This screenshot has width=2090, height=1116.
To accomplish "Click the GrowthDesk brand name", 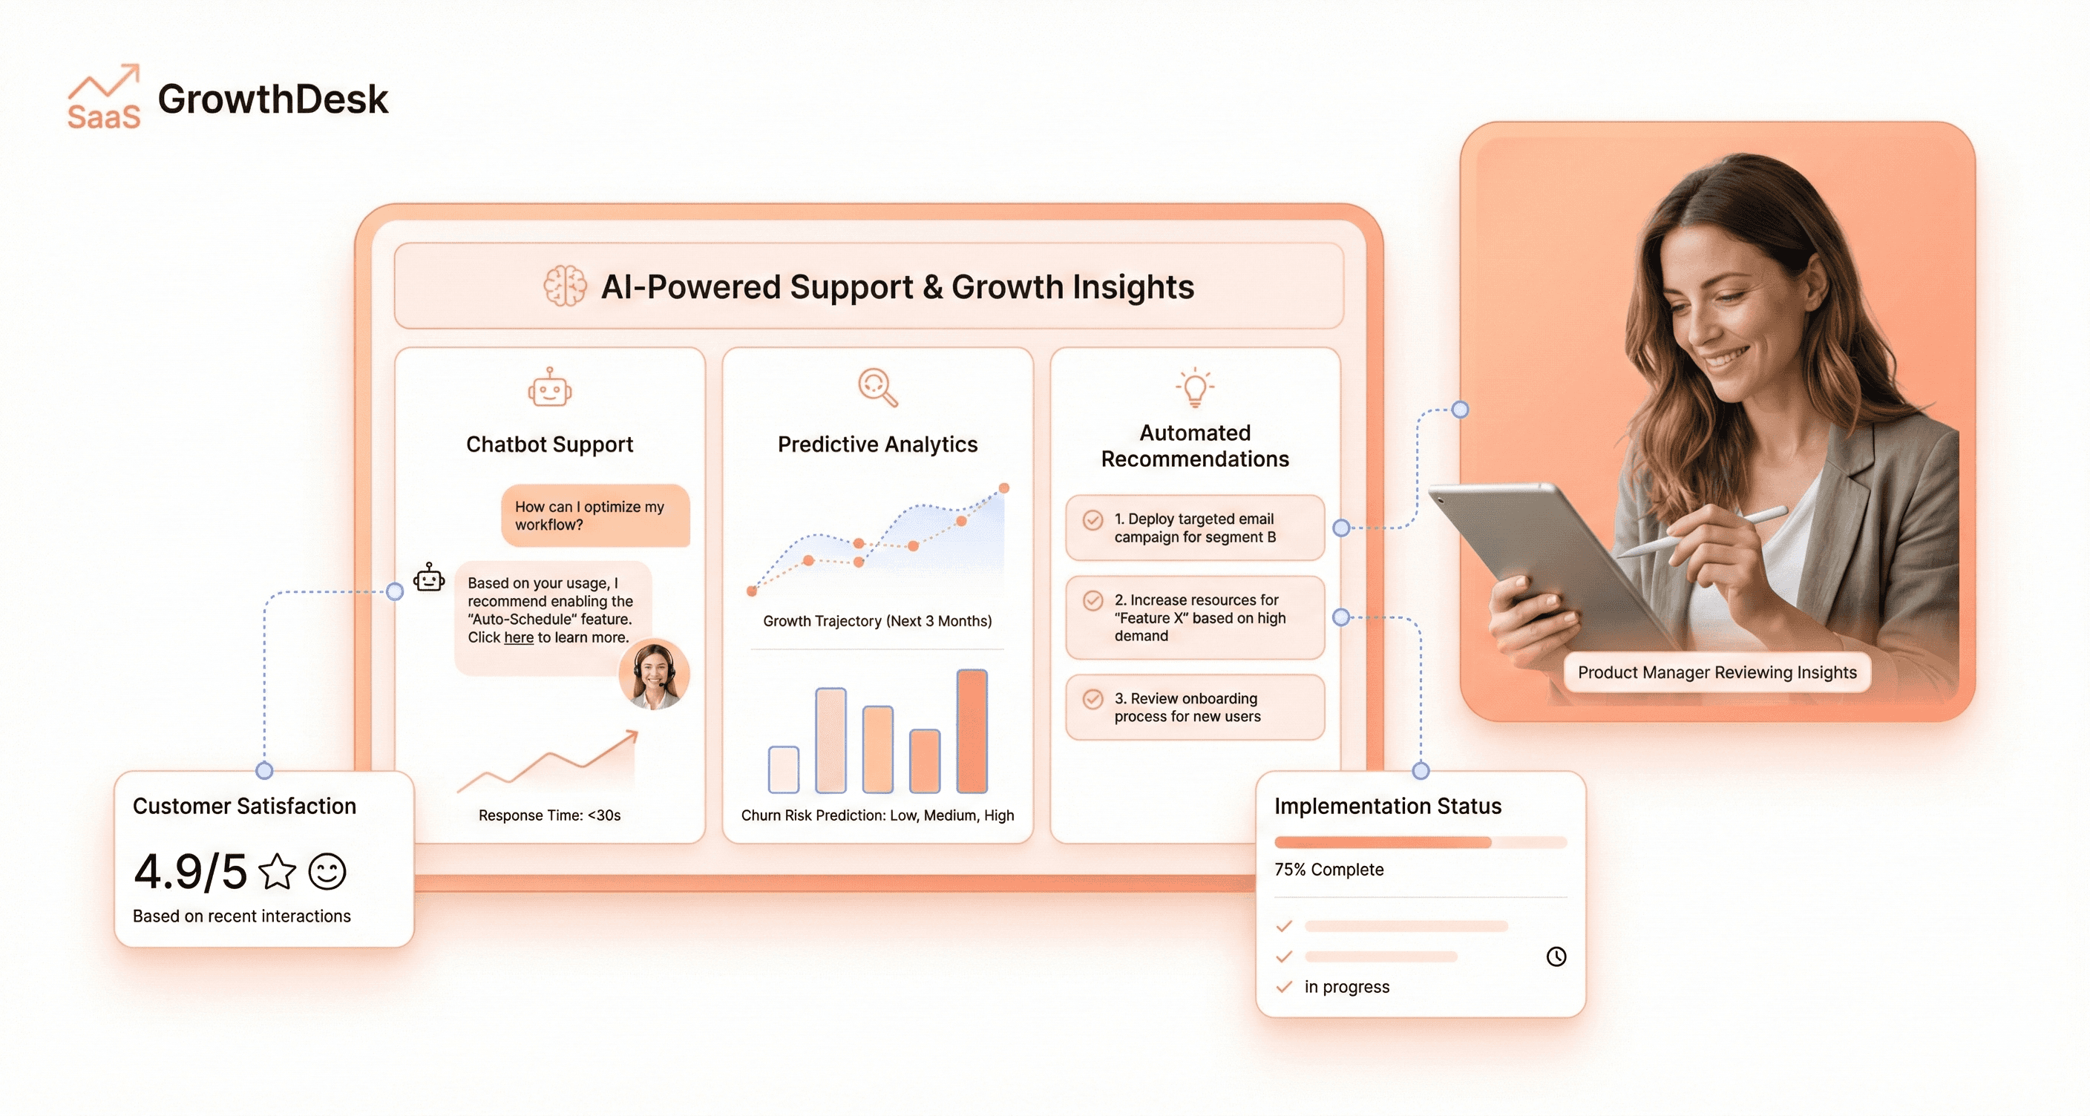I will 272,99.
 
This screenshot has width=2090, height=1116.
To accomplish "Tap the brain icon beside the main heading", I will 565,286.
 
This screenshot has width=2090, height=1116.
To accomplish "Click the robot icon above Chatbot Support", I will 549,387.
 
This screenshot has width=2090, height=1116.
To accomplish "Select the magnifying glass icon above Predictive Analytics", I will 877,387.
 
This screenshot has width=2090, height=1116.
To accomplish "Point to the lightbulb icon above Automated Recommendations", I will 1194,387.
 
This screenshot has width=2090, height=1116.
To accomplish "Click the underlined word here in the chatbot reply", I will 519,637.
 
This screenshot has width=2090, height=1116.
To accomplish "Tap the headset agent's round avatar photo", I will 654,674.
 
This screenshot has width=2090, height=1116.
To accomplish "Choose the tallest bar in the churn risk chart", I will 972,731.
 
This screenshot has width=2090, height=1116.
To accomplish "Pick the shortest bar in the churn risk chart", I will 783,769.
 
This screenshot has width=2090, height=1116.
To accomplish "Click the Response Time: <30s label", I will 549,815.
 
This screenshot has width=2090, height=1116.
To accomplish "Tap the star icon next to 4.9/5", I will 278,872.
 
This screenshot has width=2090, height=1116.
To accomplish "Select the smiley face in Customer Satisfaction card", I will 328,872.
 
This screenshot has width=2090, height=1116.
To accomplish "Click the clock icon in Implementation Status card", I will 1556,956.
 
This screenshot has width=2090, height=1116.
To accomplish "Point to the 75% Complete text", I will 1329,870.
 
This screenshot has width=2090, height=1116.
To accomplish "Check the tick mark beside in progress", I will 1283,987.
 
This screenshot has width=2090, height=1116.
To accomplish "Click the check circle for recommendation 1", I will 1092,520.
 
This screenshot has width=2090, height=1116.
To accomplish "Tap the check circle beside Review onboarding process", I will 1092,699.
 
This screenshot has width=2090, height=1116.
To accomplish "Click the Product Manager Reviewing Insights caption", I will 1717,672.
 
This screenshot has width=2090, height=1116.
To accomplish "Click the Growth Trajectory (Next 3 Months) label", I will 877,621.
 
